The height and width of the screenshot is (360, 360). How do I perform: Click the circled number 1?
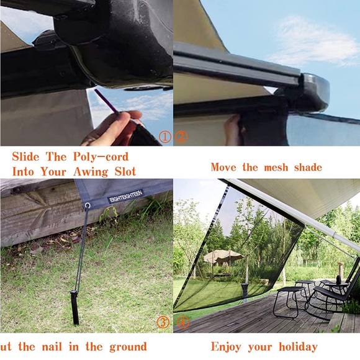point(165,137)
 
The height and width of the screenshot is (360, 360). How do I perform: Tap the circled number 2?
point(181,137)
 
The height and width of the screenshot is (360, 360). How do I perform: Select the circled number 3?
point(163,322)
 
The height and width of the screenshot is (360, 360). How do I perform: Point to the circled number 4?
point(183,322)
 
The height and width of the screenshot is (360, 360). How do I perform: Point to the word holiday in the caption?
point(295,347)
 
